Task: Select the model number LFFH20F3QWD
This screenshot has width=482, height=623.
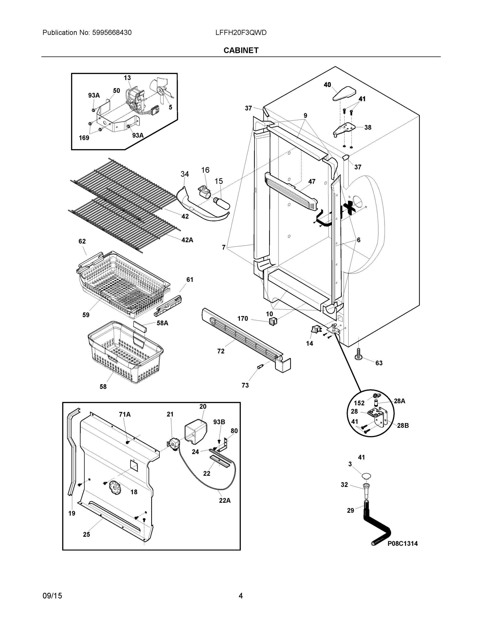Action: [241, 32]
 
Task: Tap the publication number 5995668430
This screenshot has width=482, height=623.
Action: [112, 32]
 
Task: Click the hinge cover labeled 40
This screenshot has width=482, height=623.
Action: [344, 93]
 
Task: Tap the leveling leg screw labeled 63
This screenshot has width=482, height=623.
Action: [358, 354]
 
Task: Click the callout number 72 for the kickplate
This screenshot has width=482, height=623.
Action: [221, 351]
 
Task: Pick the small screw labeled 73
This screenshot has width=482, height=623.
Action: [260, 367]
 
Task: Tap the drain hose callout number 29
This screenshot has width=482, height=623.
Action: [350, 510]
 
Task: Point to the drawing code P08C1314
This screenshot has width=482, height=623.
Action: [402, 543]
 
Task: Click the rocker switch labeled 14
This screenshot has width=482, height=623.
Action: [315, 330]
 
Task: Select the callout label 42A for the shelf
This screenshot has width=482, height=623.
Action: [187, 240]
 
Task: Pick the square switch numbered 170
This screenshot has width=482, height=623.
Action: [273, 321]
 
